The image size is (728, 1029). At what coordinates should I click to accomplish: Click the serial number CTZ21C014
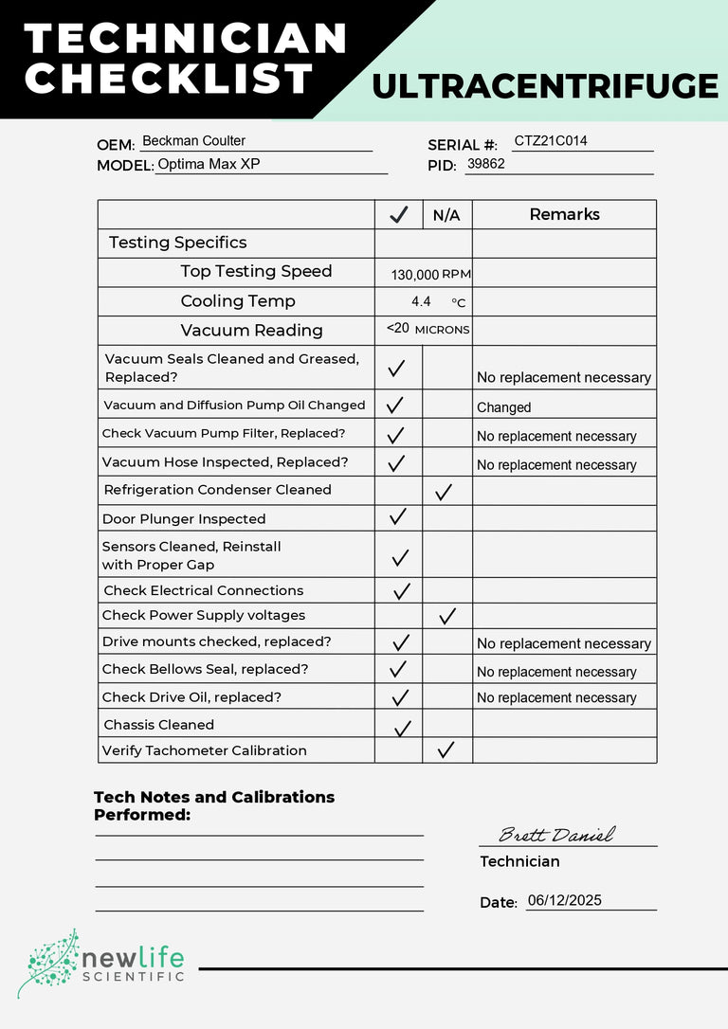click(551, 141)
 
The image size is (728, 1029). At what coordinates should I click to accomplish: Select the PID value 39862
click(485, 164)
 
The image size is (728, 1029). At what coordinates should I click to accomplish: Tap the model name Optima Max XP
click(209, 164)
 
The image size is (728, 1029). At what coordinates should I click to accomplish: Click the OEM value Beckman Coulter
click(193, 141)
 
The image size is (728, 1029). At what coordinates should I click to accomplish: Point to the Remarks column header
click(564, 214)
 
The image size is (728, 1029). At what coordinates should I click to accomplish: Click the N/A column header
click(446, 215)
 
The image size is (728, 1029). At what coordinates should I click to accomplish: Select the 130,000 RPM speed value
click(430, 275)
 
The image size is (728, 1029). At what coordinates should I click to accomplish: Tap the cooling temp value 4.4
click(421, 301)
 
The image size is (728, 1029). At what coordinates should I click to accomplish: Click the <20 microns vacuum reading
click(428, 329)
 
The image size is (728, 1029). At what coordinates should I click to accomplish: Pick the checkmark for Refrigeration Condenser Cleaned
click(443, 492)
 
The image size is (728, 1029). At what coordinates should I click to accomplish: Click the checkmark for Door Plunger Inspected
click(398, 517)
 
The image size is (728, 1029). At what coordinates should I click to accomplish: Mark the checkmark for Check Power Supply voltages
click(447, 616)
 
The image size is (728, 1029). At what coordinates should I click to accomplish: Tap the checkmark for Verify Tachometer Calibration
click(446, 749)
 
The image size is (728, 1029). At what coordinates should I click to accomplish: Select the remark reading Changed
click(503, 407)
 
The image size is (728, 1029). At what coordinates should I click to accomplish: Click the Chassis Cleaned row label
click(159, 725)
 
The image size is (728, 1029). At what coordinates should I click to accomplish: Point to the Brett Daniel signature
click(556, 835)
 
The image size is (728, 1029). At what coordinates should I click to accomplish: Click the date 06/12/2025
click(565, 901)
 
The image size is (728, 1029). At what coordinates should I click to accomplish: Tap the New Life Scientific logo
click(101, 963)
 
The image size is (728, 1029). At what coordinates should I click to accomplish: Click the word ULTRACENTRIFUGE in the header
click(545, 86)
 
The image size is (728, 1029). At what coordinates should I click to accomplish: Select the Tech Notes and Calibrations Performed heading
click(214, 805)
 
